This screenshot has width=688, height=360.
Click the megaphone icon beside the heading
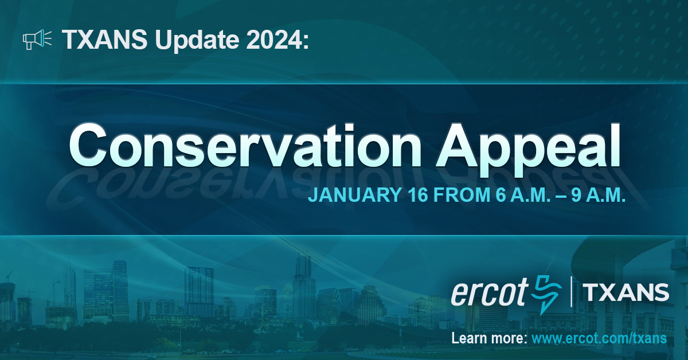[x=37, y=40]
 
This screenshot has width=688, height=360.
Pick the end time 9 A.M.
[x=596, y=194]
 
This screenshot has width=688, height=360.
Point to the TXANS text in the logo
[x=626, y=292]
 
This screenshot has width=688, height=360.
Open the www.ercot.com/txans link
[x=599, y=338]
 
